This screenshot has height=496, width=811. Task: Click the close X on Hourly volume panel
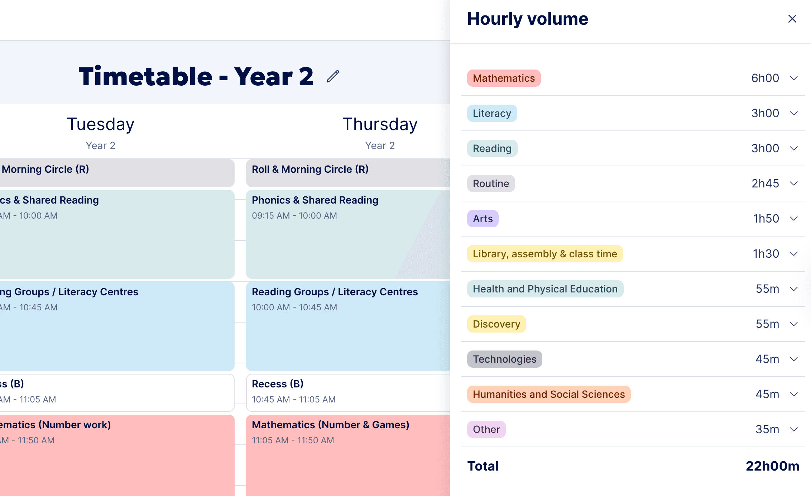[x=792, y=19]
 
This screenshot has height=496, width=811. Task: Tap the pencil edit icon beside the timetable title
[x=333, y=76]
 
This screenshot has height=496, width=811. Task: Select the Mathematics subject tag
[x=504, y=78]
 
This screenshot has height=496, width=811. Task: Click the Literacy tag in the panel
[x=492, y=113]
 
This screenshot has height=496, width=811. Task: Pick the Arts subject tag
[x=483, y=219]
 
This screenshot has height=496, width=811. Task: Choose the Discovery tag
[x=496, y=324]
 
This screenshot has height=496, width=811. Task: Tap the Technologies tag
[x=504, y=359]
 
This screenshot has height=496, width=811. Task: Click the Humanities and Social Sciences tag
[x=548, y=394]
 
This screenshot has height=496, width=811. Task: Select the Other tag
[x=486, y=429]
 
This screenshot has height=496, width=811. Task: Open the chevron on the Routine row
[x=794, y=183]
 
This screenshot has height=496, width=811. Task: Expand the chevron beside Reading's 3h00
[x=794, y=148]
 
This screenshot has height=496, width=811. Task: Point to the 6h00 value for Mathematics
[x=765, y=78]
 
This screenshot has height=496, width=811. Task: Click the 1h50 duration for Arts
[x=766, y=219]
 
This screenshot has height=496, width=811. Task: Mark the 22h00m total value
[x=772, y=466]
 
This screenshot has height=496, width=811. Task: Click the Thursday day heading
[x=380, y=124]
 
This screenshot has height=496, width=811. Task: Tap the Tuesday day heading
[x=101, y=124]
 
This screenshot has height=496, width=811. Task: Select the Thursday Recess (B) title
[x=278, y=384]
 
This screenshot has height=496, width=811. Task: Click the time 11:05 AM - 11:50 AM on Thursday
[x=293, y=440]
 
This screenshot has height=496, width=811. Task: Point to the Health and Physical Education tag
[x=545, y=289]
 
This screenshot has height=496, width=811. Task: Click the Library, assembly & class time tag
[x=544, y=254]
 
